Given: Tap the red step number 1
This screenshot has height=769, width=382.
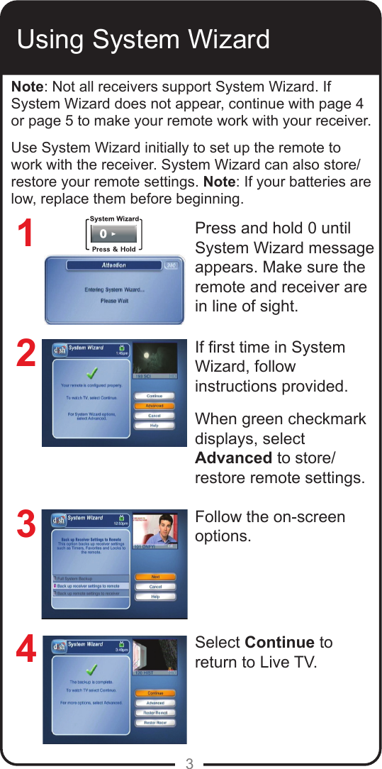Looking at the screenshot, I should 26,235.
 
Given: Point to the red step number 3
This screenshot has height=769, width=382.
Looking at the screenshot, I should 26,526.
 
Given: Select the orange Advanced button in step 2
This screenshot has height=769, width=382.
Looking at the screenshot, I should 154,406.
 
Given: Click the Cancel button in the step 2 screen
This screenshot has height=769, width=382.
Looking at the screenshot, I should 154,416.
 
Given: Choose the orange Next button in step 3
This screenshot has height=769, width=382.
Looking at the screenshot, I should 155,577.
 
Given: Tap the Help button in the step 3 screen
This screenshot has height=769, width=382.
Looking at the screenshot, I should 155,597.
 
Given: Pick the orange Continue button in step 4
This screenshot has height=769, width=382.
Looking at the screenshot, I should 155,692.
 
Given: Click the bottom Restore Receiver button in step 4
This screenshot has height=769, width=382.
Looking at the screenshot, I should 155,723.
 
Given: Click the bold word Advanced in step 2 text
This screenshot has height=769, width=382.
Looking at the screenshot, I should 233,458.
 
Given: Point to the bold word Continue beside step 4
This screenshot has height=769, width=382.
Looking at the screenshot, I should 279,643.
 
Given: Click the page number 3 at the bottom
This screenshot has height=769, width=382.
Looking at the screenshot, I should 189,763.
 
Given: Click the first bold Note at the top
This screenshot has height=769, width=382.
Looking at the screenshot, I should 27,87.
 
